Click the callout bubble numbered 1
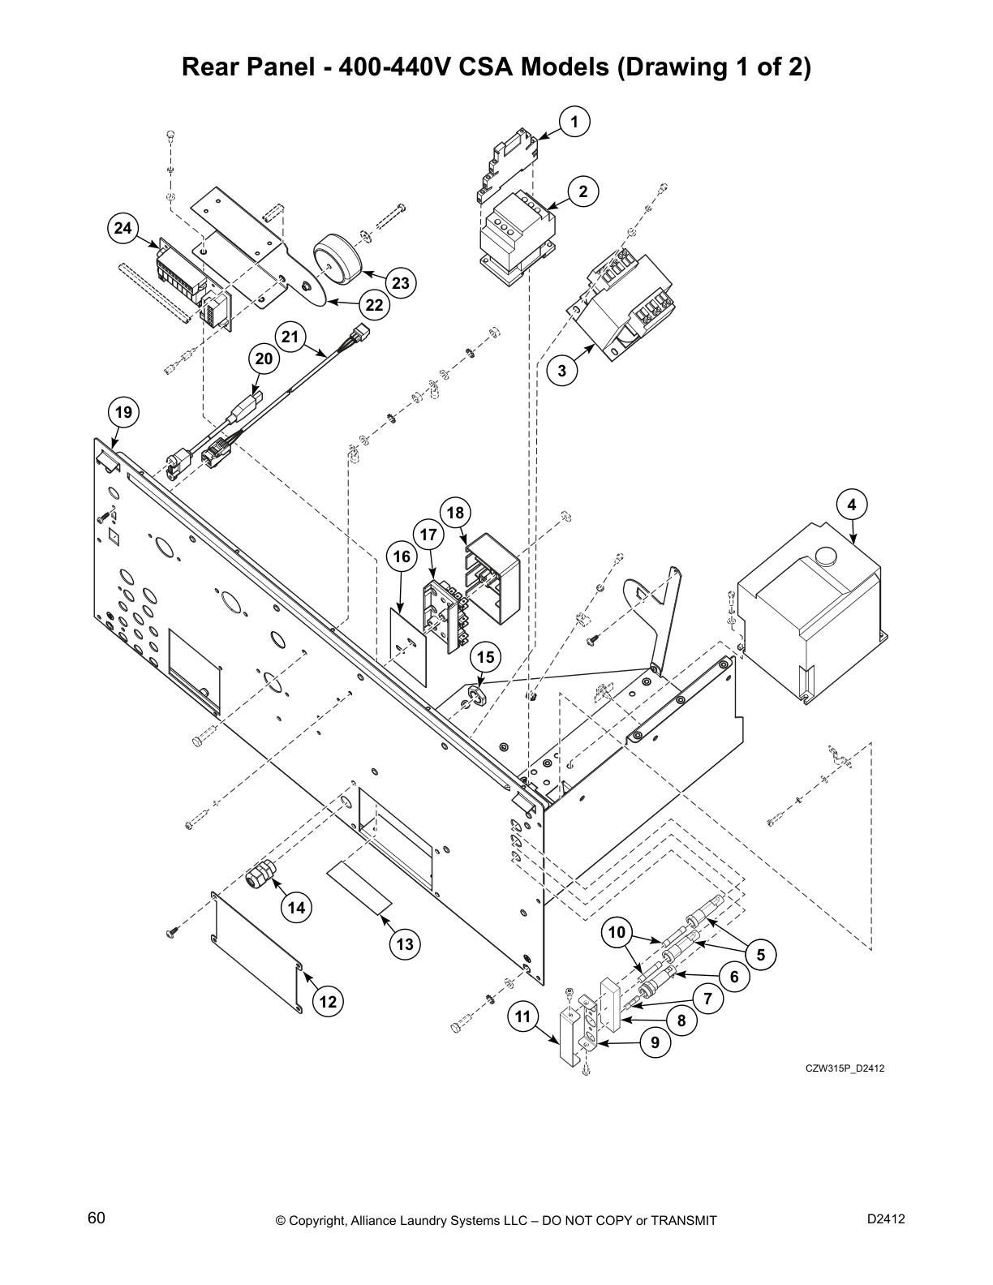pyautogui.click(x=574, y=122)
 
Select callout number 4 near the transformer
pyautogui.click(x=852, y=505)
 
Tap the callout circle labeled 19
pyautogui.click(x=123, y=412)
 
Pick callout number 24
pyautogui.click(x=123, y=229)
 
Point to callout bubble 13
pyautogui.click(x=405, y=943)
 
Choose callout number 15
pyautogui.click(x=485, y=658)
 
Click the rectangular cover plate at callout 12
pyautogui.click(x=256, y=949)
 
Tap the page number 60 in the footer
pyautogui.click(x=97, y=1218)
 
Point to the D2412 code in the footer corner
pyautogui.click(x=886, y=1218)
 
